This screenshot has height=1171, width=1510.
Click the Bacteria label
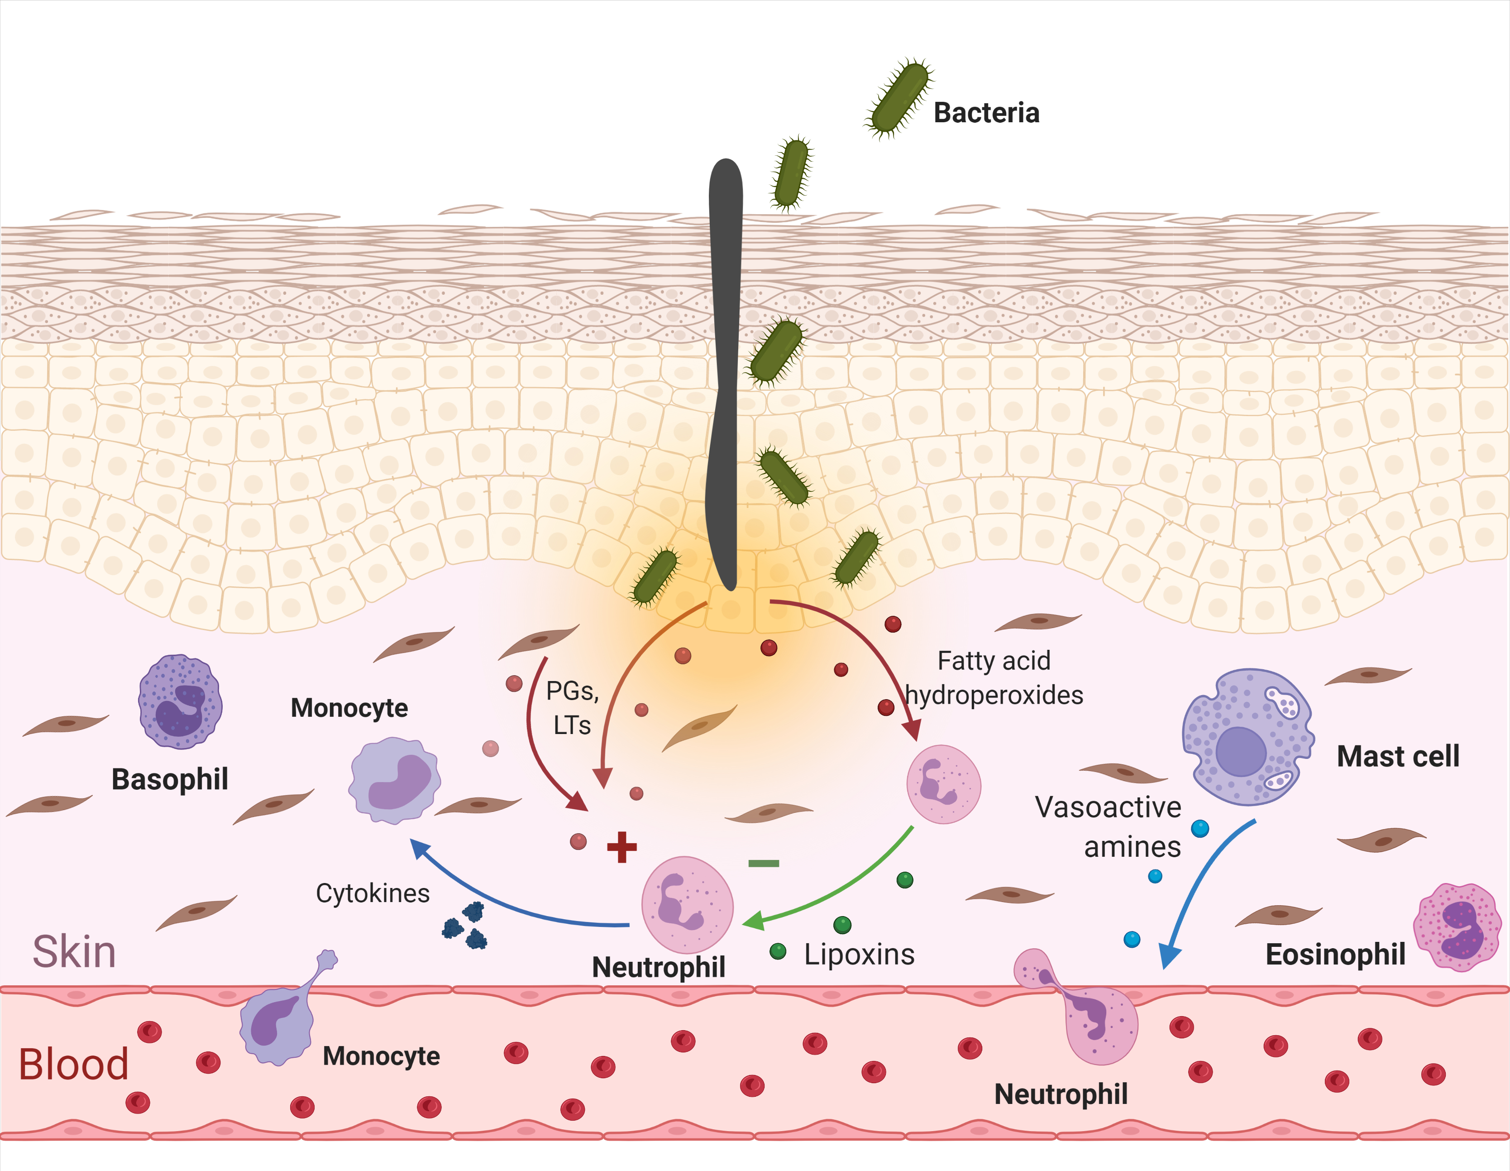[986, 113]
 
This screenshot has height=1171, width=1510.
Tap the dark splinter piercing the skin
[725, 374]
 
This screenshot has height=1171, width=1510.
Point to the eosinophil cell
[1457, 927]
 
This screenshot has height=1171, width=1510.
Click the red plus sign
[621, 847]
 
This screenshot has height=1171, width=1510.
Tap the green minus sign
[763, 863]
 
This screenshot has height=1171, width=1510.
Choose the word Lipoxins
[859, 955]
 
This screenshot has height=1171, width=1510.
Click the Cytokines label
[373, 893]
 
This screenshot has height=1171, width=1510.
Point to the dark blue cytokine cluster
[465, 925]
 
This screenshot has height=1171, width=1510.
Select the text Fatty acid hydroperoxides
[994, 678]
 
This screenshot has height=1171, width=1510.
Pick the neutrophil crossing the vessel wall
[1085, 1010]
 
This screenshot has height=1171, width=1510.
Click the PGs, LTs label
[572, 708]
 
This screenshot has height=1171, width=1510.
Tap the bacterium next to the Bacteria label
[899, 98]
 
